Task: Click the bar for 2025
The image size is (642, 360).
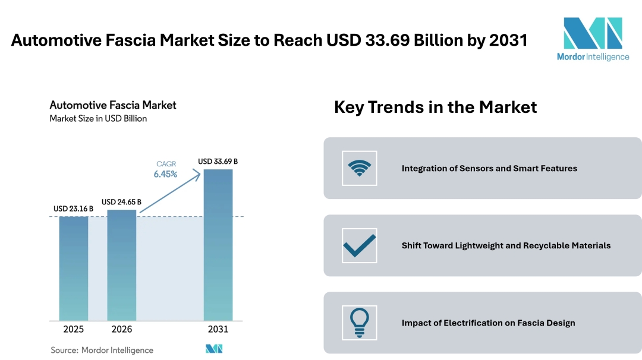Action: pyautogui.click(x=74, y=269)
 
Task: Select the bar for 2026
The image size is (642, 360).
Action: pyautogui.click(x=121, y=266)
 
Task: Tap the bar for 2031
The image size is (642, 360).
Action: pyautogui.click(x=218, y=245)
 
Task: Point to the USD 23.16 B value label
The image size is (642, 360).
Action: pyautogui.click(x=73, y=209)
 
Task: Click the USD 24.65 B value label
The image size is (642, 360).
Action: pyautogui.click(x=121, y=202)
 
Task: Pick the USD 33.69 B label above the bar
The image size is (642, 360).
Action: pyautogui.click(x=218, y=162)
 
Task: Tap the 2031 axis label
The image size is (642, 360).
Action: pyautogui.click(x=218, y=329)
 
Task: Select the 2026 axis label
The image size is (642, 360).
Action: pyautogui.click(x=121, y=329)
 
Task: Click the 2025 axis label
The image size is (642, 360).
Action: pyautogui.click(x=74, y=329)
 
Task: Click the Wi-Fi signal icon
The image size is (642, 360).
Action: pyautogui.click(x=360, y=168)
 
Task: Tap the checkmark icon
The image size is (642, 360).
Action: pyautogui.click(x=360, y=245)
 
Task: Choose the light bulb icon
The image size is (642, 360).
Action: pyautogui.click(x=360, y=323)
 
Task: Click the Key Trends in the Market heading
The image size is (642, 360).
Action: pyautogui.click(x=435, y=107)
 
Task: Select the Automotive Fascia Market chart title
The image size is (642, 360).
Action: pyautogui.click(x=113, y=105)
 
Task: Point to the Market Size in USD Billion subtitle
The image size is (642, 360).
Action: pyautogui.click(x=98, y=118)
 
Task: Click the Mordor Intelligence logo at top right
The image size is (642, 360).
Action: pyautogui.click(x=592, y=39)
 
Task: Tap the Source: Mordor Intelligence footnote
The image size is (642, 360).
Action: pyautogui.click(x=102, y=350)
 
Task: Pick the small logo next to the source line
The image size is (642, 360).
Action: pyautogui.click(x=213, y=349)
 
